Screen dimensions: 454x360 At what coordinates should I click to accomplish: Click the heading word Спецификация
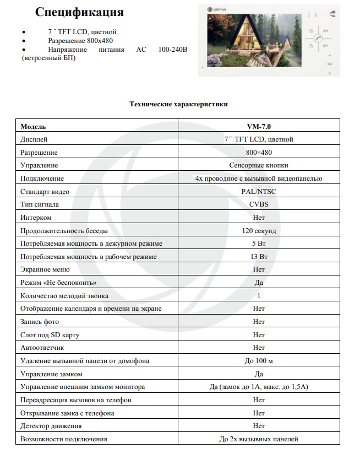(x=79, y=12)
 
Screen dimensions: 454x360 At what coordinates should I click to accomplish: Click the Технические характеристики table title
(x=178, y=103)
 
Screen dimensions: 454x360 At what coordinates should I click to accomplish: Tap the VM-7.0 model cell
(x=259, y=126)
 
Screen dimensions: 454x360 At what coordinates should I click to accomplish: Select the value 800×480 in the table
(x=259, y=152)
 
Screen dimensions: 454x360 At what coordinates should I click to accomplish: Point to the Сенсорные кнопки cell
(x=259, y=165)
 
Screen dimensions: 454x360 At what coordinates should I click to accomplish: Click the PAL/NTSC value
(x=259, y=191)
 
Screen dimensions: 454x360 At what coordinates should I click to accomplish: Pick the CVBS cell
(x=259, y=204)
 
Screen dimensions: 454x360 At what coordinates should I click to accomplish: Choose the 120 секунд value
(x=259, y=230)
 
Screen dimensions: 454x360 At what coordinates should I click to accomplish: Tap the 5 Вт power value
(x=259, y=244)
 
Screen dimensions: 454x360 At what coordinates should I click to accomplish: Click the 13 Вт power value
(x=259, y=257)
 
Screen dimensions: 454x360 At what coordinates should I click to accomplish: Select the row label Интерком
(x=36, y=218)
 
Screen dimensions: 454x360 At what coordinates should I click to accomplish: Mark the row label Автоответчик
(x=42, y=348)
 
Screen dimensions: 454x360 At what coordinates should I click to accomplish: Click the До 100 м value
(x=259, y=361)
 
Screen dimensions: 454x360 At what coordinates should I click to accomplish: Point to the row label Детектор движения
(x=51, y=426)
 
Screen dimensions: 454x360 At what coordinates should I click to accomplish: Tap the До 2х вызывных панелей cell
(x=259, y=439)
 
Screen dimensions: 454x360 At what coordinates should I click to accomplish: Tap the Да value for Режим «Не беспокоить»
(x=259, y=283)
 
